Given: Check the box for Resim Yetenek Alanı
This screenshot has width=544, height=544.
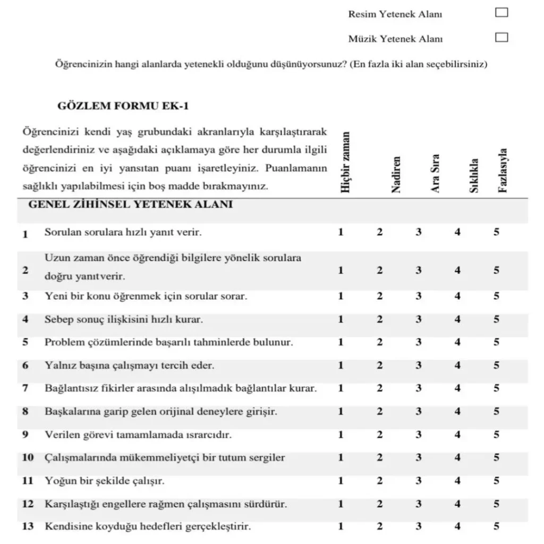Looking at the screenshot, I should click(501, 13).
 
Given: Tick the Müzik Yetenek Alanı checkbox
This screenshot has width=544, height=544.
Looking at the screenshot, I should click(501, 37).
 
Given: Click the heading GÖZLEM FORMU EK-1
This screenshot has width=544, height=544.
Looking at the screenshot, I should click(123, 106).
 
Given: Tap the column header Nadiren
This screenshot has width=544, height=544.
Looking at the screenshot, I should click(395, 175).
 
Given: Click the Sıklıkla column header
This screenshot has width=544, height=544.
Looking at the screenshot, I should click(474, 175).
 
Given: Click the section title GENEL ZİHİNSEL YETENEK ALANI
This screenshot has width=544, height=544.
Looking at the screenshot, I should click(130, 205).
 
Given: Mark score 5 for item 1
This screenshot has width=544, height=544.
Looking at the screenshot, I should click(496, 232).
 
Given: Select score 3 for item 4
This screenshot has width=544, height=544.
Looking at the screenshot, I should click(419, 319).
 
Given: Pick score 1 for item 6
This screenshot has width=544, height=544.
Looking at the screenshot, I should click(341, 365).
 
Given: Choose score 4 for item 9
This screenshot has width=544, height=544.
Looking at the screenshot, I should click(457, 435).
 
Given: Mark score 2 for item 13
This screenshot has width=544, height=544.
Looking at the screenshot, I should click(379, 526).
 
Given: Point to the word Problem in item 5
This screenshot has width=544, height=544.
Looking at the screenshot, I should click(63, 343).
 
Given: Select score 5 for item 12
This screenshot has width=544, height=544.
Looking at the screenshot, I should click(496, 504).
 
